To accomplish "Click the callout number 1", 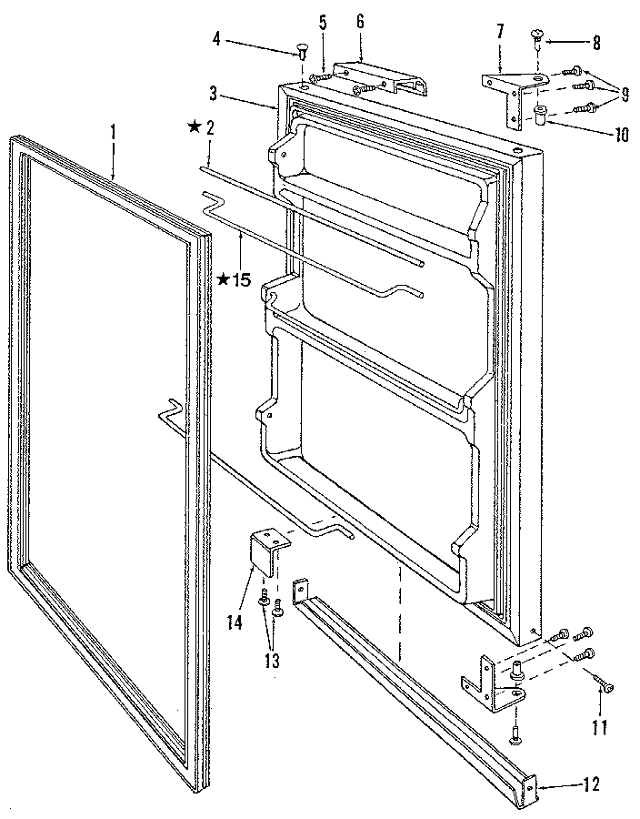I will click(113, 131).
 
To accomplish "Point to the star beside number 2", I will click(194, 127).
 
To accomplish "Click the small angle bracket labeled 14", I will click(269, 552).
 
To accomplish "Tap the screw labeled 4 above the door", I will click(301, 49).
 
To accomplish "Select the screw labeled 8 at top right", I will click(537, 38).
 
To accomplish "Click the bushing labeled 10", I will click(540, 116).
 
